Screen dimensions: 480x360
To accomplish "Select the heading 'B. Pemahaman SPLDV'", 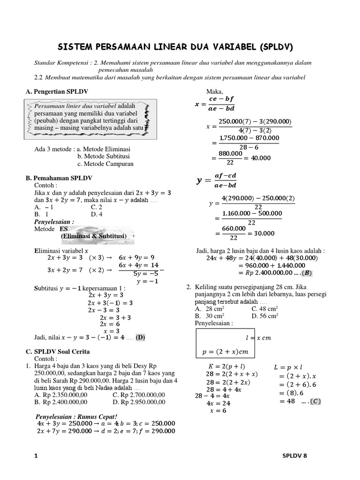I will pyautogui.click(x=59, y=179).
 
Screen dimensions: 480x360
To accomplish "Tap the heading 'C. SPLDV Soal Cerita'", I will pyautogui.click(x=58, y=352).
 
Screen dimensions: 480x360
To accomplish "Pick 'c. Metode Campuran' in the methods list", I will pyautogui.click(x=105, y=164).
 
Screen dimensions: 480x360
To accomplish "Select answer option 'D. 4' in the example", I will pyautogui.click(x=97, y=214).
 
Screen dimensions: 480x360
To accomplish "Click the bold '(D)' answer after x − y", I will pyautogui.click(x=140, y=337).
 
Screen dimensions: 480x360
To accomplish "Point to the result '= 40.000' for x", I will pyautogui.click(x=259, y=158).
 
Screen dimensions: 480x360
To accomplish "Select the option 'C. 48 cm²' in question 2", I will pyautogui.click(x=264, y=309).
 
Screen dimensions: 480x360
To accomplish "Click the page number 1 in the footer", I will pyautogui.click(x=36, y=456).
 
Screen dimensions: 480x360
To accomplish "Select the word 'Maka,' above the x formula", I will pyautogui.click(x=214, y=91).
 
